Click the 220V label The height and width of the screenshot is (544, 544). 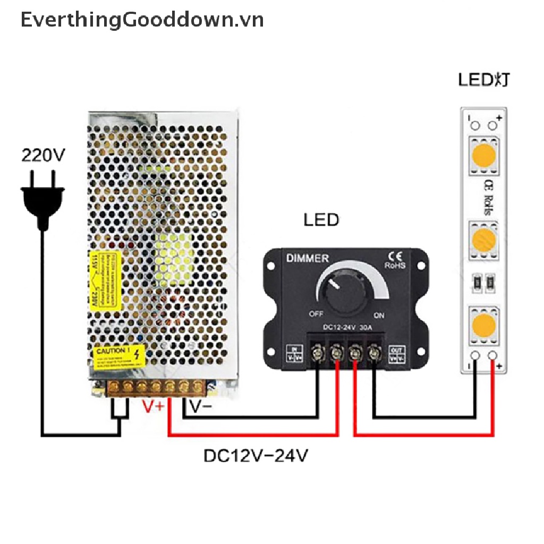pyautogui.click(x=43, y=155)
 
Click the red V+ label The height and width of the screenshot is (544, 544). pyautogui.click(x=155, y=407)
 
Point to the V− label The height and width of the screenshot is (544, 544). pyautogui.click(x=201, y=407)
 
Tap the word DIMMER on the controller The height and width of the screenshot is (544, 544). pyautogui.click(x=308, y=258)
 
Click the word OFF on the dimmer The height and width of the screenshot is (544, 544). pyautogui.click(x=316, y=313)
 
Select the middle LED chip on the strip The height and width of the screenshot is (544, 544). pyautogui.click(x=483, y=240)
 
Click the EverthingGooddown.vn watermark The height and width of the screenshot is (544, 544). pyautogui.click(x=142, y=20)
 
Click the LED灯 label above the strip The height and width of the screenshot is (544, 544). pyautogui.click(x=484, y=80)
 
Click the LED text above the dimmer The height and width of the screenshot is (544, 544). pyautogui.click(x=321, y=219)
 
